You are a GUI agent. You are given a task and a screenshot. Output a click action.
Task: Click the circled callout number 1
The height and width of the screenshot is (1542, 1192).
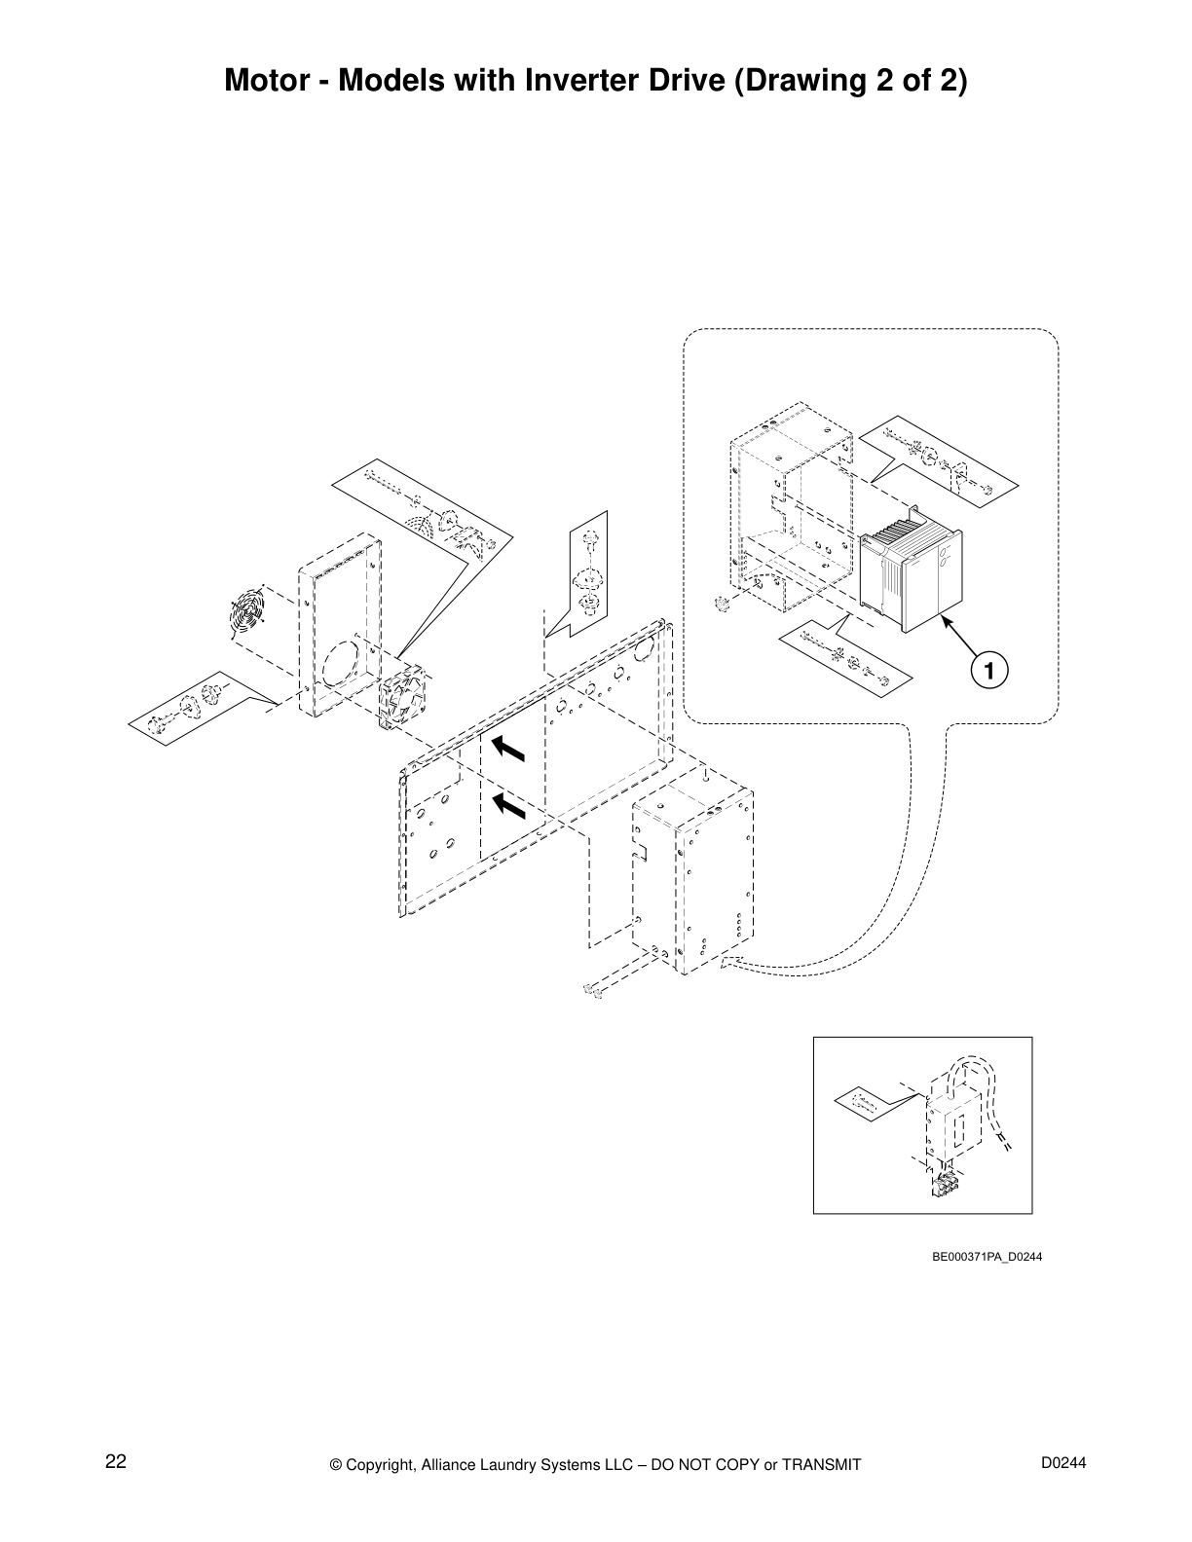pyautogui.click(x=988, y=671)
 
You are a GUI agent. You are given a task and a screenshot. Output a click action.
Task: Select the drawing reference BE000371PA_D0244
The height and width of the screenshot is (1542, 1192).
pyautogui.click(x=987, y=1257)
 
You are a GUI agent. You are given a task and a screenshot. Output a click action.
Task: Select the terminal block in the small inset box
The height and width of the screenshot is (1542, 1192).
pyautogui.click(x=944, y=1184)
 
